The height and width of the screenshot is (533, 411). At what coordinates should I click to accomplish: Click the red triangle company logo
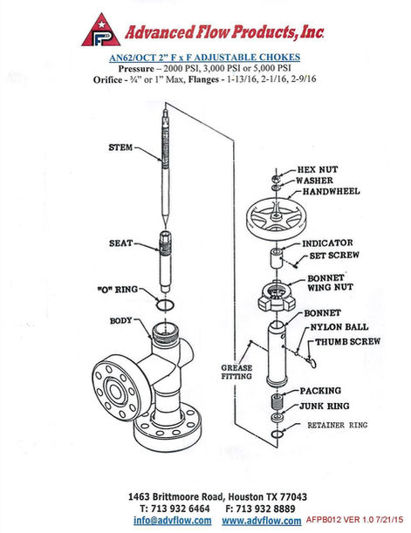pyautogui.click(x=100, y=31)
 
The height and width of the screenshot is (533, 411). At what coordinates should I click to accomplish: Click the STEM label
pyautogui.click(x=121, y=147)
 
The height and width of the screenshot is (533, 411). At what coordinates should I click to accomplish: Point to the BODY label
pyautogui.click(x=120, y=320)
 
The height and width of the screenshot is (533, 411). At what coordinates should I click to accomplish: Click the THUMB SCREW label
pyautogui.click(x=347, y=343)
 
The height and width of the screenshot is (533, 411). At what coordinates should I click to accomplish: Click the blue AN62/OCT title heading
pyautogui.click(x=205, y=55)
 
